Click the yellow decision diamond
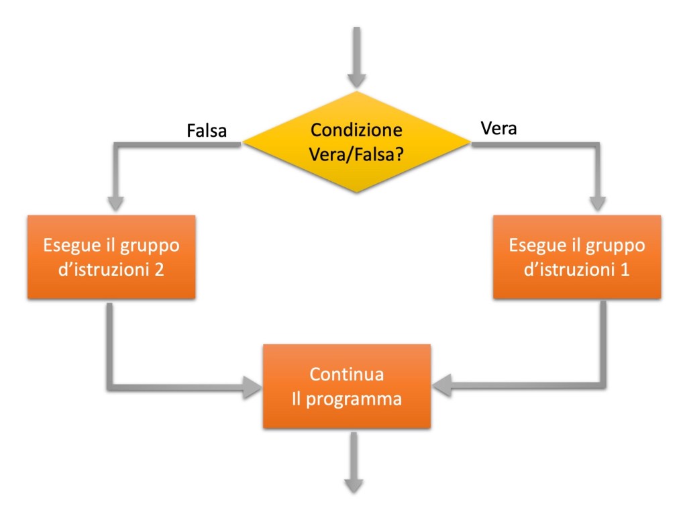(356, 142)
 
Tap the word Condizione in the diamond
(356, 130)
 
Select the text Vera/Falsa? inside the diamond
(356, 153)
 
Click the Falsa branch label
(206, 130)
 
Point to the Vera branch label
(499, 128)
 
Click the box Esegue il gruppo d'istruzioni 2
(111, 256)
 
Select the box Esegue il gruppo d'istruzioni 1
(577, 256)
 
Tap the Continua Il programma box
(346, 386)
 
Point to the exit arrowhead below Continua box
(354, 484)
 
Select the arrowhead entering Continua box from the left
(252, 386)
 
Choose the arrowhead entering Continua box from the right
(443, 386)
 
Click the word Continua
(346, 374)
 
